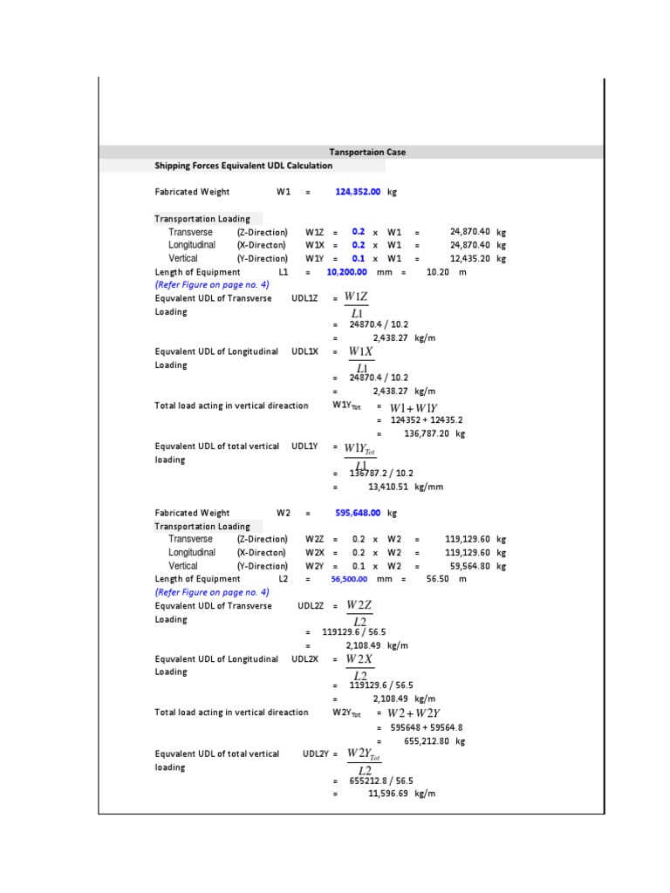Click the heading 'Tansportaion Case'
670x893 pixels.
click(366, 152)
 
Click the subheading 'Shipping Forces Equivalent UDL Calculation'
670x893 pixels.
click(243, 166)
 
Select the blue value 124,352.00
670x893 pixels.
click(358, 192)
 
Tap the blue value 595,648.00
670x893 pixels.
click(358, 514)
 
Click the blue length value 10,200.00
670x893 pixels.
click(346, 272)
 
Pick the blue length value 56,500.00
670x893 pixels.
click(349, 579)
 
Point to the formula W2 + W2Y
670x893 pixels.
click(414, 713)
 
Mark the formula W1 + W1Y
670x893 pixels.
click(414, 407)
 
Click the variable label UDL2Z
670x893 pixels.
click(310, 606)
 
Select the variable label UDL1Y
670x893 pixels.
click(304, 446)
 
